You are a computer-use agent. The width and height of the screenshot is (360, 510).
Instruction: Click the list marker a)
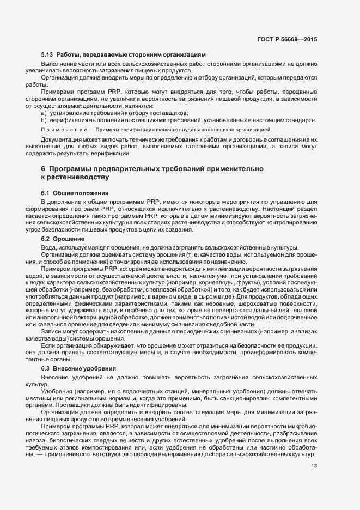pos(44,112)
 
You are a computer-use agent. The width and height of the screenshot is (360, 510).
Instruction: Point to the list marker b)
pos(44,119)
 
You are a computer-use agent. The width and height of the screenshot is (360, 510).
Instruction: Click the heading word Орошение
pos(69,239)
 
